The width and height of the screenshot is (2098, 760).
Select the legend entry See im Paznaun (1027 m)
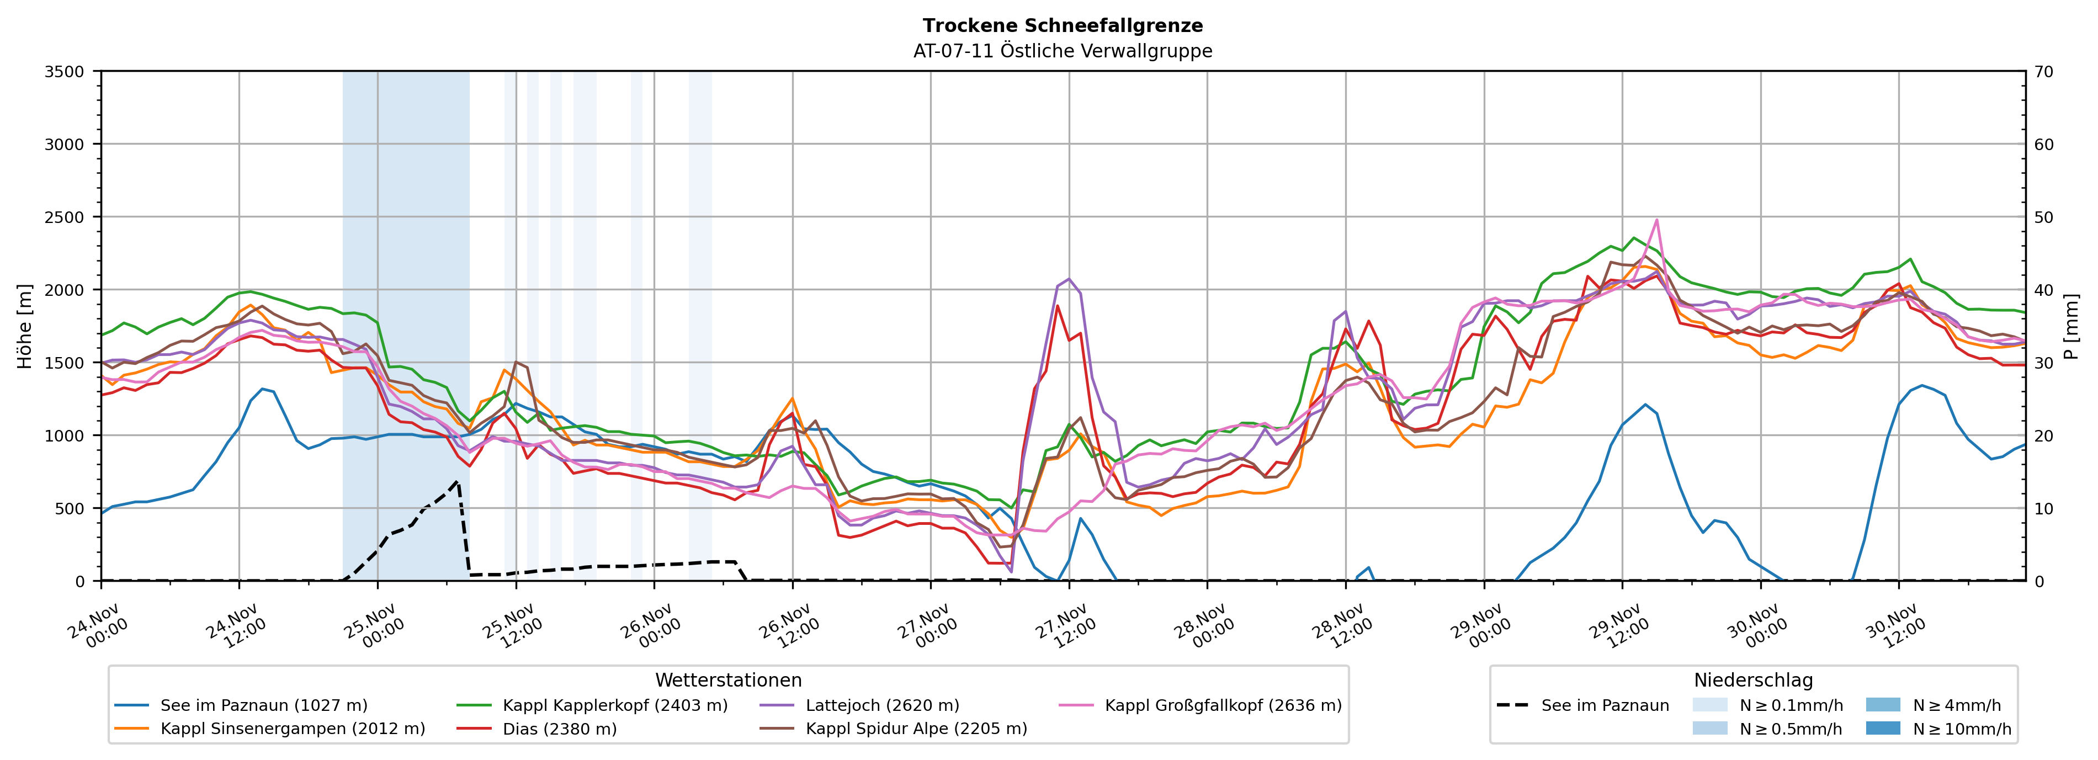click(263, 705)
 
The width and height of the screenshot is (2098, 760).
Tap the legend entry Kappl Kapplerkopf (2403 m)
click(615, 705)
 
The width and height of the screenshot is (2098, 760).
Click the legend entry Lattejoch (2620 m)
click(882, 705)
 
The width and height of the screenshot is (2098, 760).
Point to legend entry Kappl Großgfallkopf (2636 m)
click(1223, 705)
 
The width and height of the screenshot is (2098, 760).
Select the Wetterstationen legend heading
click(728, 680)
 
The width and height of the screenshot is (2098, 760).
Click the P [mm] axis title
click(2071, 326)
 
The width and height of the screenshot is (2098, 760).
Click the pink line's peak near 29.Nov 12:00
click(1656, 220)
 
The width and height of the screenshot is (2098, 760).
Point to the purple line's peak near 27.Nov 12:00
click(1069, 279)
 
